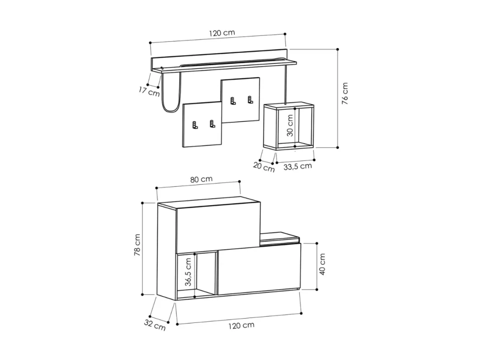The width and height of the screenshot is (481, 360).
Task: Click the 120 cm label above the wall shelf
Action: [222, 33]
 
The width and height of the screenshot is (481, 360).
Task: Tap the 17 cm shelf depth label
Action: [149, 91]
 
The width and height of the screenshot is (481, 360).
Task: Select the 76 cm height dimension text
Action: [345, 93]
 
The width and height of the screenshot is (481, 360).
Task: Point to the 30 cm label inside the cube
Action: [290, 126]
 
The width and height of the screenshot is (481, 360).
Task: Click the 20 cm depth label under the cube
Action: [264, 167]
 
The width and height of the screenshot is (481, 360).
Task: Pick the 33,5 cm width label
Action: [297, 166]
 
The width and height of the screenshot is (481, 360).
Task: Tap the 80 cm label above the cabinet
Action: [201, 179]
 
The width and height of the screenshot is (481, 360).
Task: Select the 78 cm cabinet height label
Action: [137, 245]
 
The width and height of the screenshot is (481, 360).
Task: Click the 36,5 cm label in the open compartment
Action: [188, 272]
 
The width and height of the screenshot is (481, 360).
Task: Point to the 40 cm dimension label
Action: [322, 264]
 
